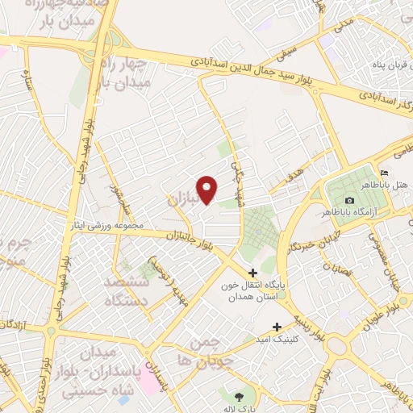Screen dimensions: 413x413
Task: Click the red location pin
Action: [x=208, y=190]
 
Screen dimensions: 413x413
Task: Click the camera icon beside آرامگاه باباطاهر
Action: [x=348, y=200]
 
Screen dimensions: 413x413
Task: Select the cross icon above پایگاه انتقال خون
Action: [x=253, y=273]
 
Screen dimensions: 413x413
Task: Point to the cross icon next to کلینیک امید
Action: [x=277, y=327]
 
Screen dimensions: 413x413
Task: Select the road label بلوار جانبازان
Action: [x=190, y=239]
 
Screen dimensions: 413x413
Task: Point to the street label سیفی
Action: [x=287, y=56]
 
